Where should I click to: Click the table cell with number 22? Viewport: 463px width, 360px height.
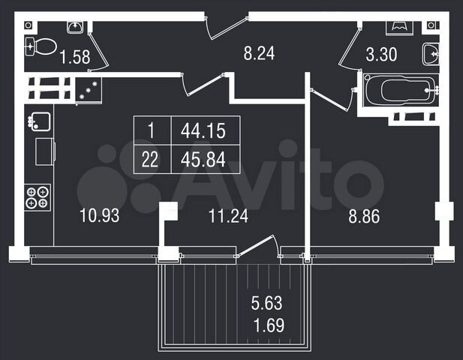(150, 158)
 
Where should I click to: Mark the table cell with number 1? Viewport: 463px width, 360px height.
(150, 131)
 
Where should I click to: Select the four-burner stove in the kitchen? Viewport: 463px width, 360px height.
(38, 196)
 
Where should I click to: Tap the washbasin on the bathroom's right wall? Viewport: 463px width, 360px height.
(430, 54)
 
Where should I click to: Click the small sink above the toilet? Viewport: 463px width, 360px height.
(75, 28)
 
